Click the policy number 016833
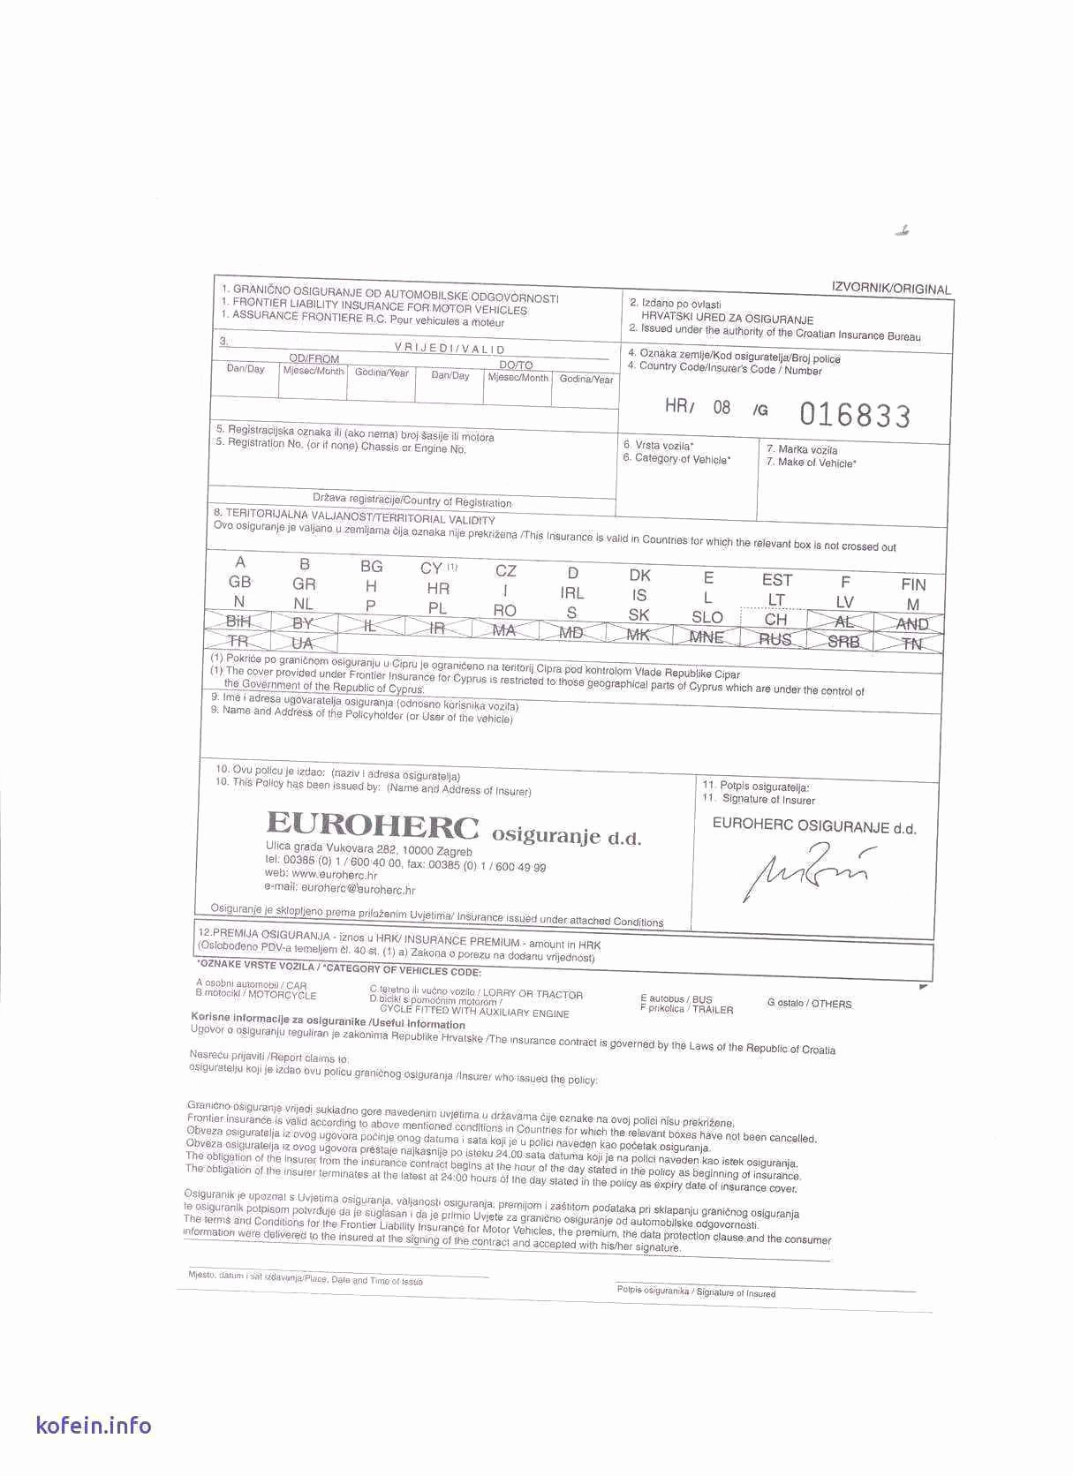click(854, 414)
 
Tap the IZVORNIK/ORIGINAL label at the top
click(890, 289)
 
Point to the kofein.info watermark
click(94, 1425)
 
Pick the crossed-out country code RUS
click(775, 639)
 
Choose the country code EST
click(776, 580)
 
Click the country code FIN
click(913, 584)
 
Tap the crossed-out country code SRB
click(843, 642)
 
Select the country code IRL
click(571, 593)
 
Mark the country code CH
click(775, 620)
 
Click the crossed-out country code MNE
click(706, 636)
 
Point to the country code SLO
click(707, 617)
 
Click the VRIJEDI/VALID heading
click(450, 350)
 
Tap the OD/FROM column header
click(314, 359)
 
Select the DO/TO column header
click(516, 365)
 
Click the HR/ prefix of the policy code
click(680, 406)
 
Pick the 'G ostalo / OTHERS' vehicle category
click(809, 1004)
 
